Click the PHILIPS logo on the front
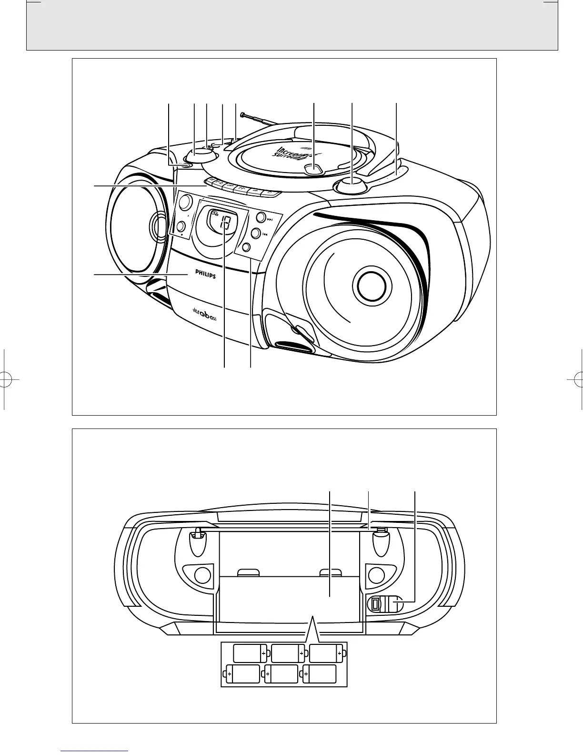click(205, 275)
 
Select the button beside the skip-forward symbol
click(261, 218)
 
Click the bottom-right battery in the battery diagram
click(320, 674)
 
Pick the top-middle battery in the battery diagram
click(286, 653)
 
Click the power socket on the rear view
click(375, 604)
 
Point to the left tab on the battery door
click(248, 572)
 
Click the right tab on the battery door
click(331, 572)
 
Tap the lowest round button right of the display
click(246, 247)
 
